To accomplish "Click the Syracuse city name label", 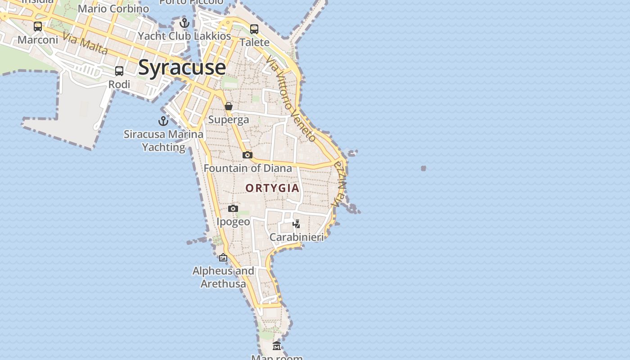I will click(x=182, y=67).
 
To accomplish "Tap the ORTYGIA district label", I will click(x=273, y=188).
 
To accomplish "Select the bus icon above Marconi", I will click(x=38, y=27).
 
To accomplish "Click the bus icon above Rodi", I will click(x=119, y=71).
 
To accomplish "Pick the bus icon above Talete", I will click(x=254, y=29).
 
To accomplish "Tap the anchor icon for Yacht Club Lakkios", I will click(x=184, y=23).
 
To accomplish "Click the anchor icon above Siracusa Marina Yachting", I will click(x=163, y=121).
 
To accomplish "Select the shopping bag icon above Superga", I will click(x=229, y=106).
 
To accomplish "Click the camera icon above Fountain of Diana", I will click(x=247, y=155).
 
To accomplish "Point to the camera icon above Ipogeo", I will click(x=233, y=208).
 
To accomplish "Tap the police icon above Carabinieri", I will click(x=296, y=224).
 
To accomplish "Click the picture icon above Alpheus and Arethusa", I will click(x=223, y=257).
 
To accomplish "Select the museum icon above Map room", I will click(x=277, y=346).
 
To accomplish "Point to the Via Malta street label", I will click(x=85, y=44).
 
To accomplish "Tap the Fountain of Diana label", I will click(x=248, y=168).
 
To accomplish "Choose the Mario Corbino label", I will click(x=113, y=9).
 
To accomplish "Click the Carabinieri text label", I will click(x=297, y=237).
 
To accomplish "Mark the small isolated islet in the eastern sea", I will click(x=423, y=168).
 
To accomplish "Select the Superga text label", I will click(x=229, y=120).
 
